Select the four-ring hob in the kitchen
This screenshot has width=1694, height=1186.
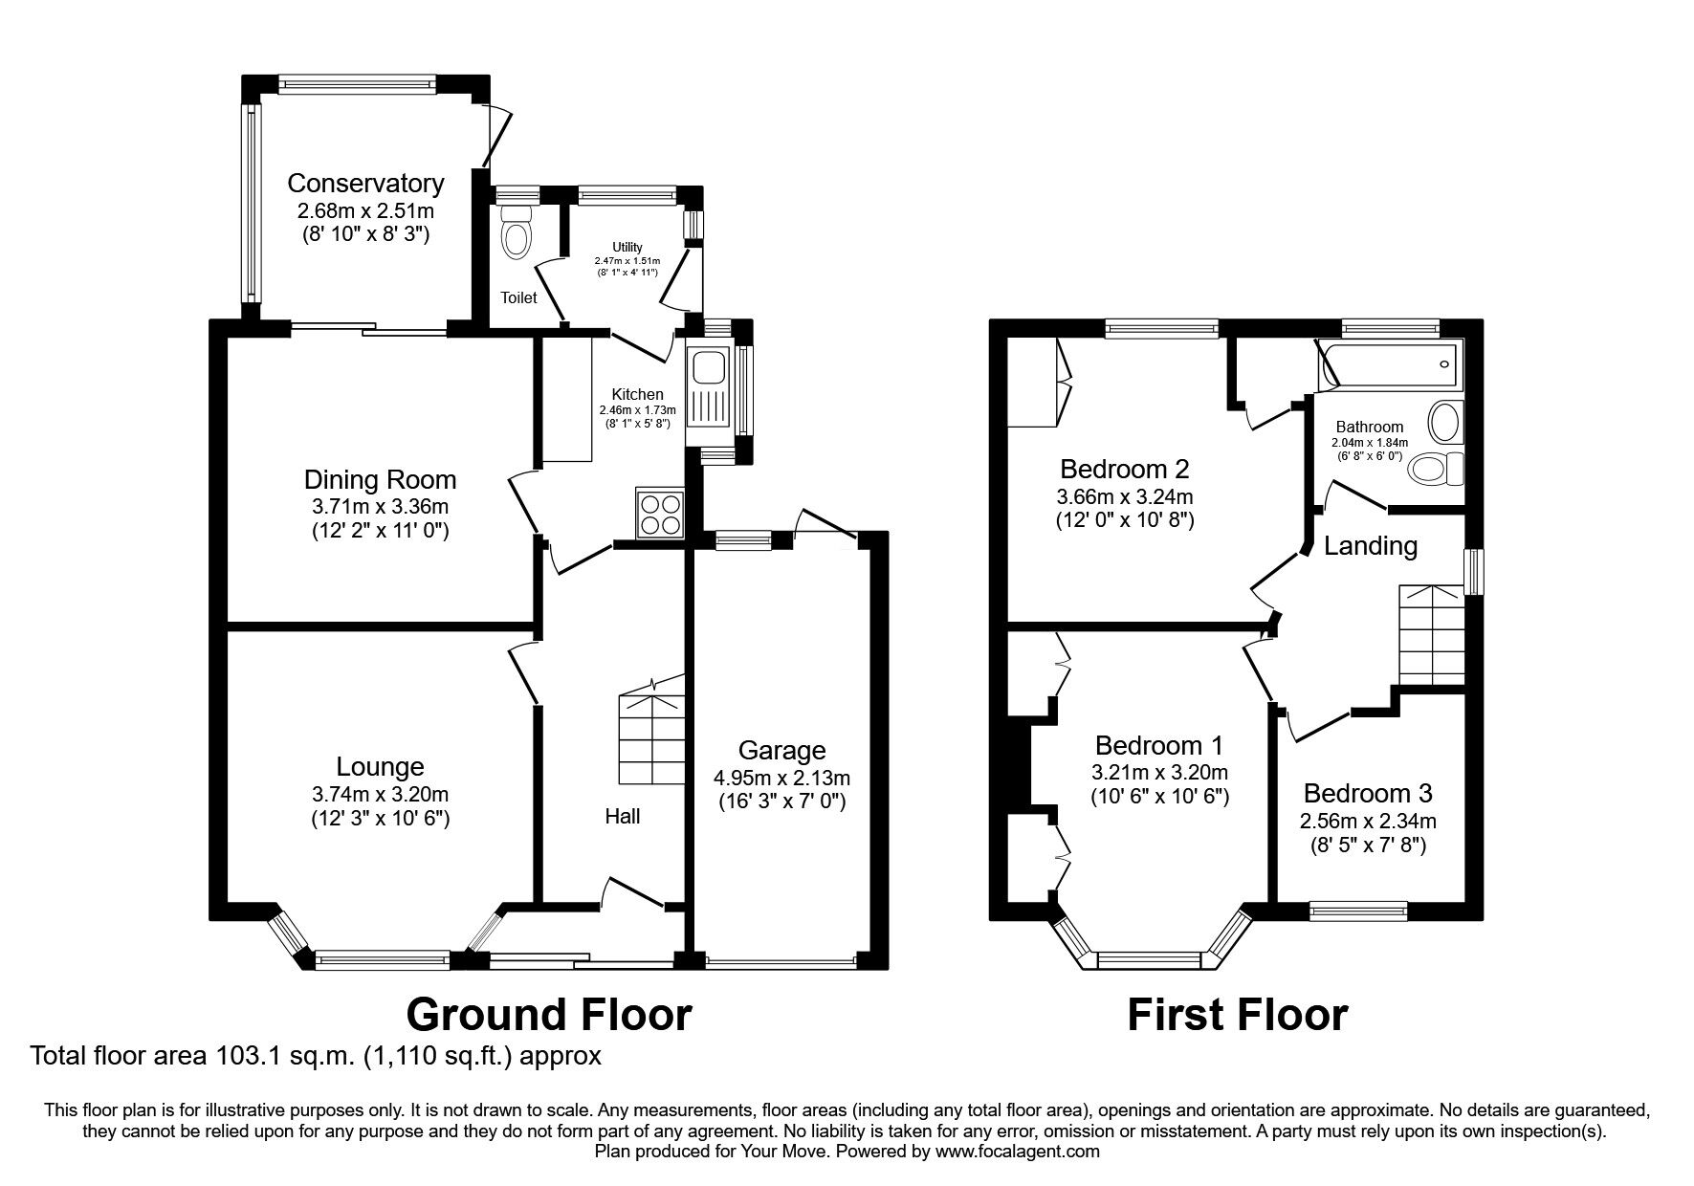coord(660,514)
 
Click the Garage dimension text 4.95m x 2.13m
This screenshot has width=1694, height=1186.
coord(781,778)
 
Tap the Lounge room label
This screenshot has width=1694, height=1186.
coord(380,766)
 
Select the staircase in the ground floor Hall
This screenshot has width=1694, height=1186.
coord(651,733)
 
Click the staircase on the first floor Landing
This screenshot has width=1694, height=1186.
coord(1431,634)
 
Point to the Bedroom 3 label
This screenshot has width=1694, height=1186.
coord(1368,793)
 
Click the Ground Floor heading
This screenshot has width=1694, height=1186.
coord(549,1014)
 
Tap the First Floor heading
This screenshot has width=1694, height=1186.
coord(1237,1014)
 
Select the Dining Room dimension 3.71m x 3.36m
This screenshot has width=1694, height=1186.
coord(380,506)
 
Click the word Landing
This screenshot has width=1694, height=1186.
coord(1370,546)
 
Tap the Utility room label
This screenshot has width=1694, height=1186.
coord(627,248)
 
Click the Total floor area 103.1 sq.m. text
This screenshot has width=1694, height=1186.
coord(316,1057)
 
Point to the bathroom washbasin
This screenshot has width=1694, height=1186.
coord(1444,422)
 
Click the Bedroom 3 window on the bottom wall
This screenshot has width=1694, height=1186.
coord(1357,911)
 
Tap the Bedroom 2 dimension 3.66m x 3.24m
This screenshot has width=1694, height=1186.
coord(1124,496)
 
